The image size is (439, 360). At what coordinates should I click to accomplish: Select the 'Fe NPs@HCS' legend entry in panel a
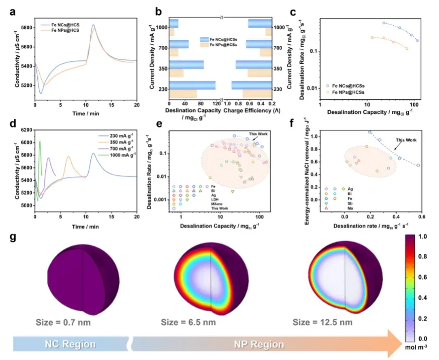coord(65,31)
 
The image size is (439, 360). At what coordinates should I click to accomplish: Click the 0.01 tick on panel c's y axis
coord(311,89)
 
